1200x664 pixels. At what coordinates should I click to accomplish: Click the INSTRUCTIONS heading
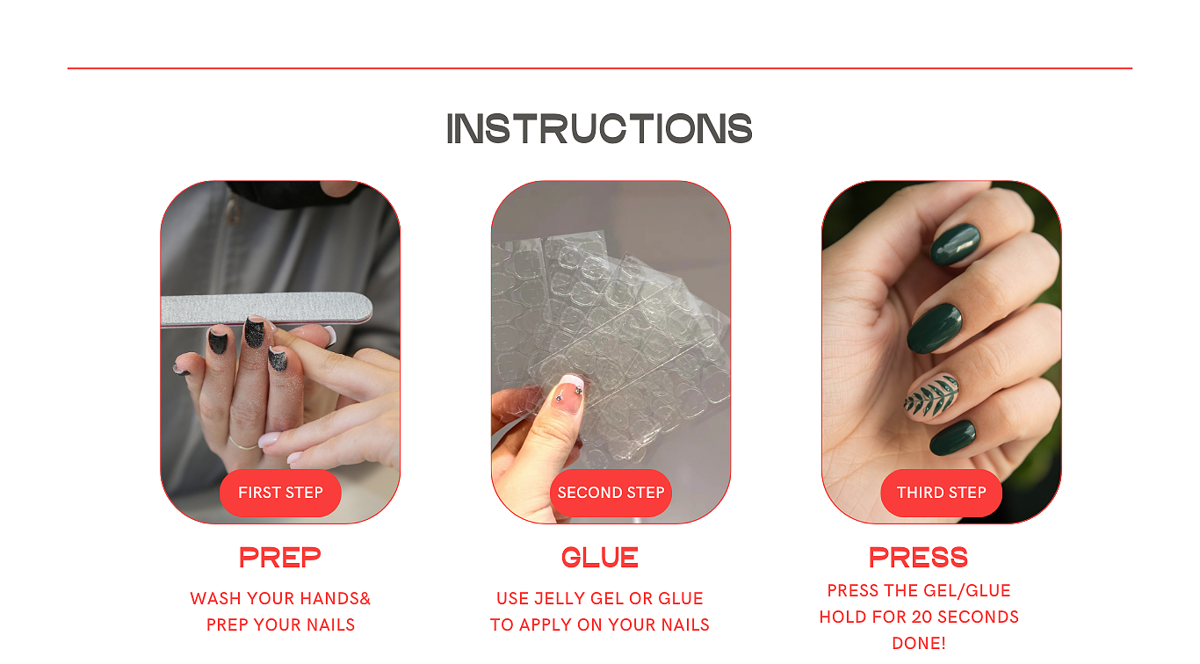pos(599,128)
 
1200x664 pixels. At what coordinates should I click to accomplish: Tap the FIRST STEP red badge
pos(280,493)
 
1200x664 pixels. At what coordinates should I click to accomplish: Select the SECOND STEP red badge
pos(611,493)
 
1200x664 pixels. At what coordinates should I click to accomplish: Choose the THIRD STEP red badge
pos(941,493)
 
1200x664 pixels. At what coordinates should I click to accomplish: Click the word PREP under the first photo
pos(279,558)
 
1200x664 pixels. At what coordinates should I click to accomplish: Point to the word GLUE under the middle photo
pos(599,558)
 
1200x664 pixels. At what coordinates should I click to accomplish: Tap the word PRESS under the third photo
pos(918,558)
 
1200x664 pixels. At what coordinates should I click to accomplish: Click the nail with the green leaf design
pos(931,396)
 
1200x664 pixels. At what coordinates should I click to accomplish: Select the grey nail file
pos(267,309)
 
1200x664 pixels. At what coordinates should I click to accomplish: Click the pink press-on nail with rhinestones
pos(567,394)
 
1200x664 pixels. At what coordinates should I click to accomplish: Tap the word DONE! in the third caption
pos(919,643)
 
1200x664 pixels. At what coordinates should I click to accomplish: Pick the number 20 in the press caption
pos(919,617)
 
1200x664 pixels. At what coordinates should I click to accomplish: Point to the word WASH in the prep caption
pos(212,598)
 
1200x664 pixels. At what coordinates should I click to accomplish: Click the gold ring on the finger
pos(243,444)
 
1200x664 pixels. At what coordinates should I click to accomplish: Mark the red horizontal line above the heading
pos(599,69)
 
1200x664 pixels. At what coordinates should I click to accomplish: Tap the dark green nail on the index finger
pos(956,245)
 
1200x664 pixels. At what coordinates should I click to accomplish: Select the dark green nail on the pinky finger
pos(952,437)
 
